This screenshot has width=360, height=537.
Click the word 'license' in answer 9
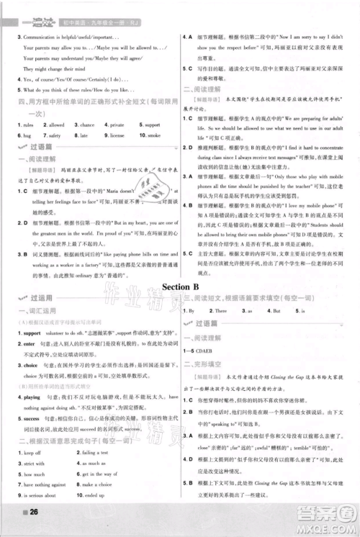click(121, 134)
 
